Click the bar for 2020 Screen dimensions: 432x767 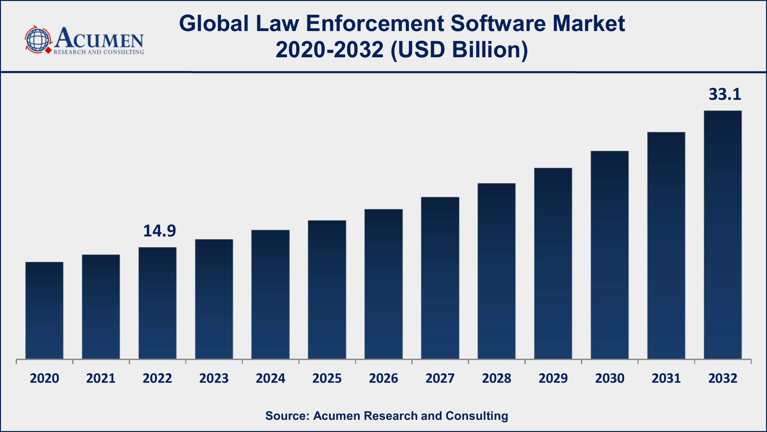click(x=44, y=310)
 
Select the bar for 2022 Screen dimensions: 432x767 click(x=157, y=303)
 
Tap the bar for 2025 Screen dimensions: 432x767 click(x=327, y=290)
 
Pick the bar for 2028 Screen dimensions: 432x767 click(x=496, y=271)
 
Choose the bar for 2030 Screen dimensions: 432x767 click(x=609, y=255)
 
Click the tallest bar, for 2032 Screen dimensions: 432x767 click(x=723, y=235)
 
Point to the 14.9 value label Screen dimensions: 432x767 click(x=159, y=231)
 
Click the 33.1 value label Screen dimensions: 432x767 click(x=724, y=94)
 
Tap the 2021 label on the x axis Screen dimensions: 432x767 click(x=101, y=379)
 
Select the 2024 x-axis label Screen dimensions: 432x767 click(x=270, y=379)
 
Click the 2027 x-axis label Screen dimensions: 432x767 click(x=440, y=379)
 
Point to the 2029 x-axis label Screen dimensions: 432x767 click(x=553, y=379)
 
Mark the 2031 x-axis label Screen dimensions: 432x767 click(x=666, y=379)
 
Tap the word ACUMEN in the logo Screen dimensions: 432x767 click(x=99, y=38)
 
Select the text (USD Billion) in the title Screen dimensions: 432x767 click(x=459, y=50)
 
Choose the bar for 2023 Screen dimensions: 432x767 click(x=214, y=299)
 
